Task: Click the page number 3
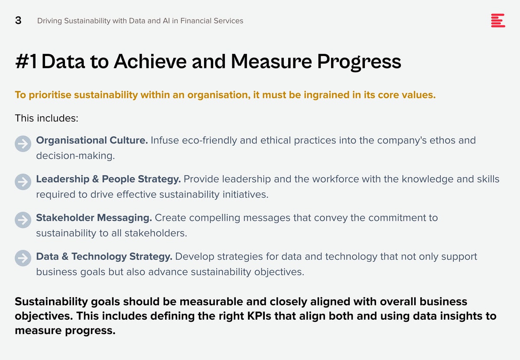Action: pyautogui.click(x=18, y=20)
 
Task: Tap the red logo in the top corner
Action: pyautogui.click(x=498, y=20)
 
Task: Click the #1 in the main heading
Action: pyautogui.click(x=26, y=61)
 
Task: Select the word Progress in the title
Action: pyautogui.click(x=359, y=62)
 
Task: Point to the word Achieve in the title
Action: pyautogui.click(x=150, y=61)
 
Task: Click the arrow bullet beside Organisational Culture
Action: pyautogui.click(x=23, y=144)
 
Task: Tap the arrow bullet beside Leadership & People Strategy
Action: pyautogui.click(x=23, y=182)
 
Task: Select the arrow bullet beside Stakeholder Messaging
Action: pyautogui.click(x=23, y=220)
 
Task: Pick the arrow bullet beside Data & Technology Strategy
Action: pyautogui.click(x=23, y=258)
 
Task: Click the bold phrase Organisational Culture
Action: pyautogui.click(x=92, y=141)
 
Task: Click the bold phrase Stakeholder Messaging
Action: pyautogui.click(x=94, y=218)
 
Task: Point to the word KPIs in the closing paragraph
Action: pyautogui.click(x=259, y=316)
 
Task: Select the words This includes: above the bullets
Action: pyautogui.click(x=47, y=118)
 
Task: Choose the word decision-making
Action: pyautogui.click(x=75, y=156)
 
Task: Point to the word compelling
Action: pyautogui.click(x=215, y=218)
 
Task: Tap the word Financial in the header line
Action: pyautogui.click(x=196, y=21)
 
